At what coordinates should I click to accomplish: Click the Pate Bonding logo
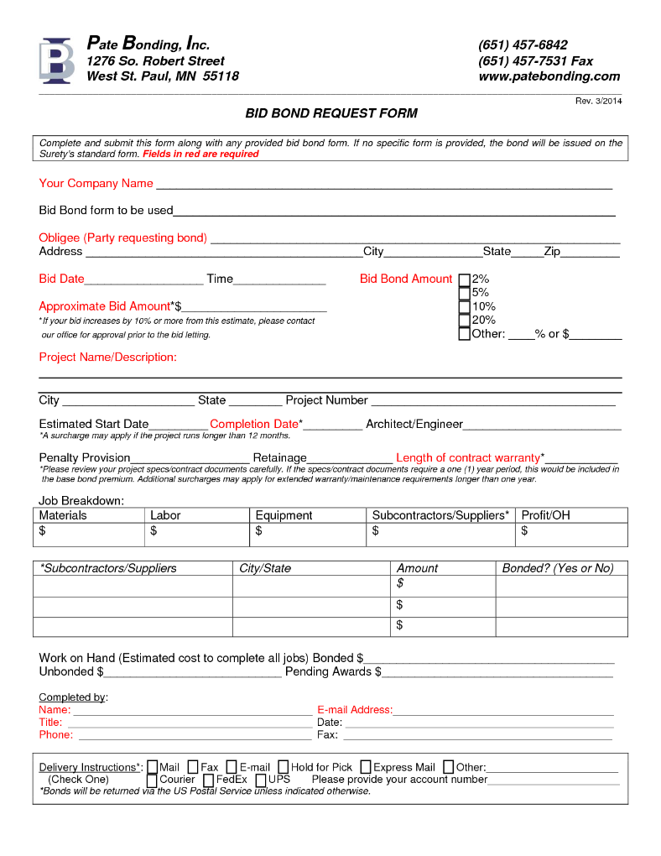pos(56,60)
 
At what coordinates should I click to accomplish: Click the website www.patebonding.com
pos(549,76)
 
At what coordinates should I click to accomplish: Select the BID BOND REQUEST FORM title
pos(330,113)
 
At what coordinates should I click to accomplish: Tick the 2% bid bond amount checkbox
pos(464,279)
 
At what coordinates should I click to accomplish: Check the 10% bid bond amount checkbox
pos(464,307)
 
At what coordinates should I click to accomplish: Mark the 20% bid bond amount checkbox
pos(464,321)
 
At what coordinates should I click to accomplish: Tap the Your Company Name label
pos(96,184)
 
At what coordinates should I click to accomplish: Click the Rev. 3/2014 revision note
pos(598,101)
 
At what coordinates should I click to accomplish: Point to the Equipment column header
pos(284,515)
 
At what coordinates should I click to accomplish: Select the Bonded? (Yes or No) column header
pos(558,568)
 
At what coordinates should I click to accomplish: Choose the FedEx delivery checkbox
pos(209,780)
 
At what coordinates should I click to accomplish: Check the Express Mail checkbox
pos(367,767)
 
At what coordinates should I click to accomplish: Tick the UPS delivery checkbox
pos(261,780)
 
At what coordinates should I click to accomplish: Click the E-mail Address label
pos(354,710)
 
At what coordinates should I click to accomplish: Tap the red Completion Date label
pos(254,424)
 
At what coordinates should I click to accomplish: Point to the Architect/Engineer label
pos(414,424)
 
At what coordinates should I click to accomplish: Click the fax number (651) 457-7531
pos(535,61)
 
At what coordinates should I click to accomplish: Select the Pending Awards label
pos(333,671)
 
